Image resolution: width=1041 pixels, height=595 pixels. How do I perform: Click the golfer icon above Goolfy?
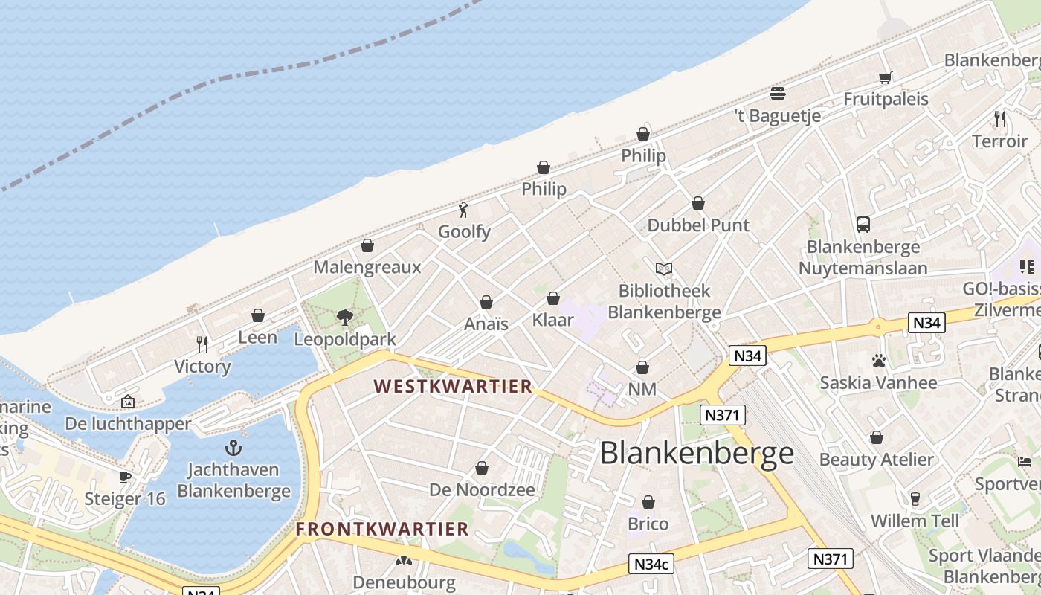click(464, 210)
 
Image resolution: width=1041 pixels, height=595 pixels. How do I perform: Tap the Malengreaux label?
click(367, 267)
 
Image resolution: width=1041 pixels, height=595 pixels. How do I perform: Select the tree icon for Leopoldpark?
click(344, 318)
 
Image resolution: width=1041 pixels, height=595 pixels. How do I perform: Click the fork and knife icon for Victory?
click(202, 344)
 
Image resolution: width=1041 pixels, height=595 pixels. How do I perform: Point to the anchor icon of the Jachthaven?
click(233, 448)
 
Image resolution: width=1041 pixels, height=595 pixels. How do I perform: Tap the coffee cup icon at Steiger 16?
click(125, 476)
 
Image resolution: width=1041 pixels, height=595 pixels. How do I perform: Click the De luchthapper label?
click(128, 424)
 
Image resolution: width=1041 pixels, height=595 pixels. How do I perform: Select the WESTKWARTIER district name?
click(453, 386)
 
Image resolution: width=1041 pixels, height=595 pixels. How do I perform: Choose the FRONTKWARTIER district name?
click(382, 529)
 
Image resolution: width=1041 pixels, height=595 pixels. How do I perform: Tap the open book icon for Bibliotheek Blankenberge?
click(663, 268)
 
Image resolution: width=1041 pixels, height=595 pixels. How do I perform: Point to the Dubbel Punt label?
click(698, 225)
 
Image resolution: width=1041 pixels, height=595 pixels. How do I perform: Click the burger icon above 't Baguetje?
click(778, 94)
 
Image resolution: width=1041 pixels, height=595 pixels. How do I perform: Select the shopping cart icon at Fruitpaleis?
click(885, 77)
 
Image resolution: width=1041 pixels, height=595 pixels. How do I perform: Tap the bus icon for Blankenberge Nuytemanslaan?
click(863, 224)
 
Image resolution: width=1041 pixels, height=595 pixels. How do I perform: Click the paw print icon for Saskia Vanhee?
click(878, 361)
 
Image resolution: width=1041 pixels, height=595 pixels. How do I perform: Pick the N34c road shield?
click(651, 564)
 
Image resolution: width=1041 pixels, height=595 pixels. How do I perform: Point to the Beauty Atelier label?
click(876, 459)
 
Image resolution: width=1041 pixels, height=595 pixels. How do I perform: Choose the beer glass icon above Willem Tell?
click(915, 498)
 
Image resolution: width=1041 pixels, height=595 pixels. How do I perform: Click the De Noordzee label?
click(482, 489)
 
